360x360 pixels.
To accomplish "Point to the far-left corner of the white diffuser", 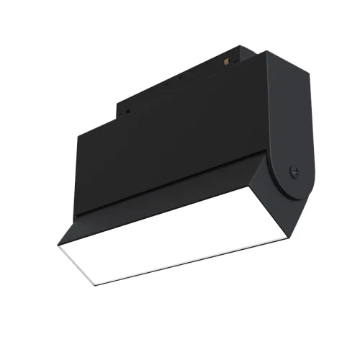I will pos(56,244).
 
